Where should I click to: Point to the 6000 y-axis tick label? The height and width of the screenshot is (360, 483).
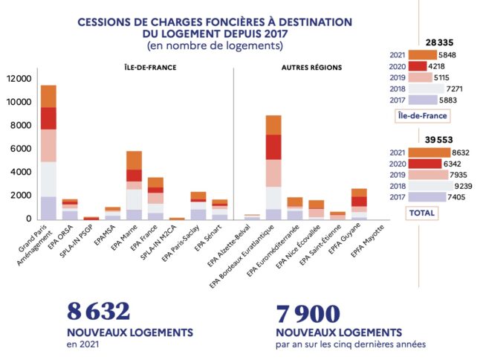20,149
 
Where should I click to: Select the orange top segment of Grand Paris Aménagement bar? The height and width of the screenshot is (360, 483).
48,96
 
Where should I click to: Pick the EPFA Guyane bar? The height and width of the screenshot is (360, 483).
358,203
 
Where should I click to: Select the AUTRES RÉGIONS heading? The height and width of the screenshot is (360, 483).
311,68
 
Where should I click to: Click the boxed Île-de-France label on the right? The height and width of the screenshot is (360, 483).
424,115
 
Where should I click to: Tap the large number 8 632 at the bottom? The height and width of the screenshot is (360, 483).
99,312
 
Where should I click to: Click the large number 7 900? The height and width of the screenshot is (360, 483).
308,312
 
